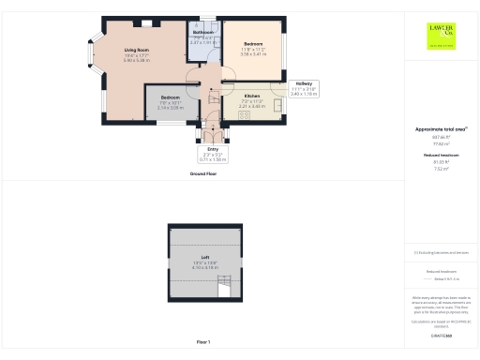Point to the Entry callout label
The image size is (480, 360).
213,155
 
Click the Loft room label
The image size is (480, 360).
204,261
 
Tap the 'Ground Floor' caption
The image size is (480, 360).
204,175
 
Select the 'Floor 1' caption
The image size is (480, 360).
204,340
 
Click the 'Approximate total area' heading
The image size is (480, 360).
441,128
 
